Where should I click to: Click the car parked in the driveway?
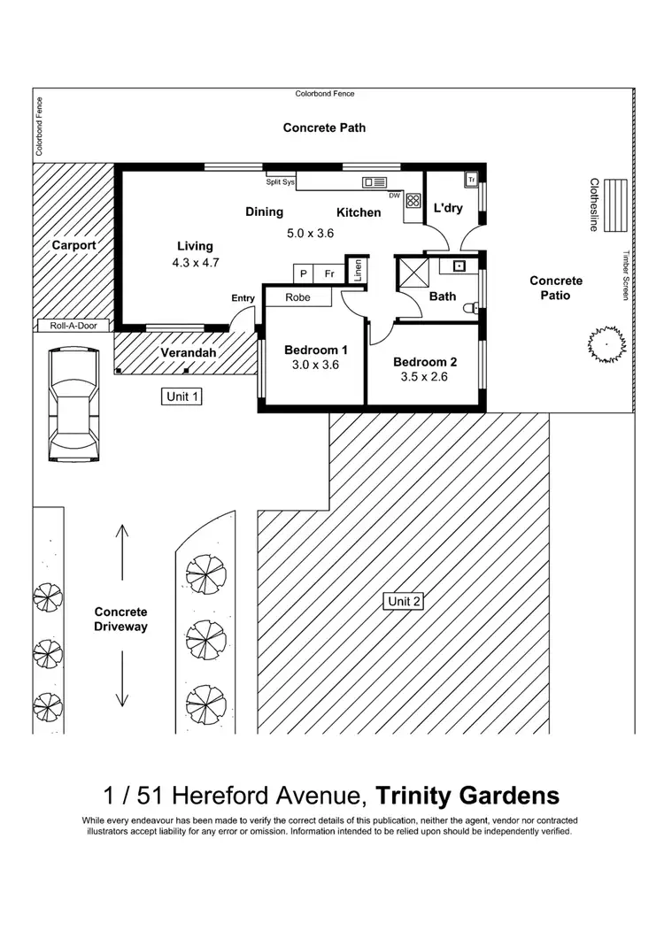(74, 404)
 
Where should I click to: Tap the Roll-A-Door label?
(73, 326)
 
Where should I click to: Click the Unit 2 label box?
(405, 602)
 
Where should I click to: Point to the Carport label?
(73, 245)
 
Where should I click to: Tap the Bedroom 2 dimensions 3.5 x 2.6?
(425, 376)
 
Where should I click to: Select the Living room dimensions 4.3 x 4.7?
(195, 263)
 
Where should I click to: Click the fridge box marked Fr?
(329, 273)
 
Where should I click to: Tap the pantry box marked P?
(304, 273)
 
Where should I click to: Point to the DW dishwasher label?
(394, 195)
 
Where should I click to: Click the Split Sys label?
(280, 183)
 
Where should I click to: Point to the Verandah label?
(184, 353)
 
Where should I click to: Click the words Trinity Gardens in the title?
(467, 793)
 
